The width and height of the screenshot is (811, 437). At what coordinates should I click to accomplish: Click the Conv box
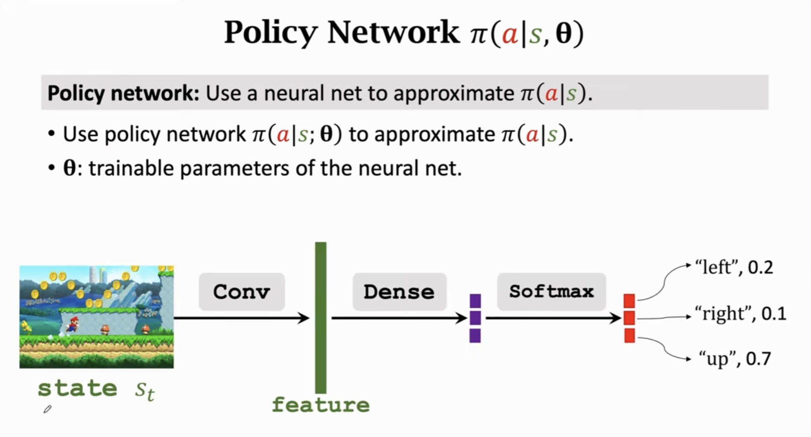242,292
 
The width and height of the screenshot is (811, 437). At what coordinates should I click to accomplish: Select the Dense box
399,292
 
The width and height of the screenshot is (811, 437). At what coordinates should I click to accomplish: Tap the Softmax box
551,292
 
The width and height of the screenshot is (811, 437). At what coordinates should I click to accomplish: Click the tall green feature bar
321,318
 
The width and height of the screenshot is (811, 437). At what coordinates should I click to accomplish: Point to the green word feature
321,405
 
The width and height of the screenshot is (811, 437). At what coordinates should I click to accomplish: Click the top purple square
475,301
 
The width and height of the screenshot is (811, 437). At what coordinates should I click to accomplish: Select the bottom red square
630,335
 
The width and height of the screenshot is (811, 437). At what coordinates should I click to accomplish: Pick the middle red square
630,318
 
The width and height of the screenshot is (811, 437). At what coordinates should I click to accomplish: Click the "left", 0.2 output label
734,267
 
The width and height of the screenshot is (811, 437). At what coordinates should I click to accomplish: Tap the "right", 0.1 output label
740,313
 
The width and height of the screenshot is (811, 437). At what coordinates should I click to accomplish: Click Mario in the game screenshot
73,324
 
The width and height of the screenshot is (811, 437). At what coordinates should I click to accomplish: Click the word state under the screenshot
77,389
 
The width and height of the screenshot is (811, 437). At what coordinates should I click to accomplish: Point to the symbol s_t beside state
145,391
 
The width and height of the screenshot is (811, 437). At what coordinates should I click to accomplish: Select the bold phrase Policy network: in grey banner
123,93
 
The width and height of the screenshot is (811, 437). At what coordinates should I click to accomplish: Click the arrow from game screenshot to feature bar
241,318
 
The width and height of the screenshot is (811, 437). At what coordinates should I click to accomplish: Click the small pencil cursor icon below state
47,409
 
